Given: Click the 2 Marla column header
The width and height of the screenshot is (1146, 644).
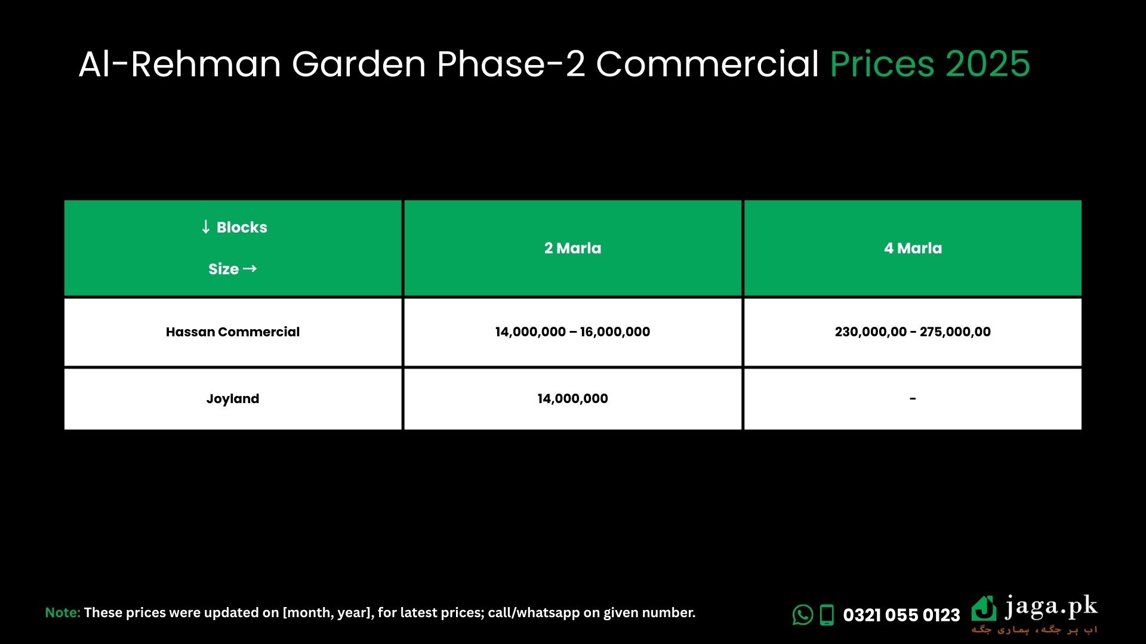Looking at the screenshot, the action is click(572, 248).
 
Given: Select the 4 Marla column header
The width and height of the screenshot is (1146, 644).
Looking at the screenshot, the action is click(913, 248).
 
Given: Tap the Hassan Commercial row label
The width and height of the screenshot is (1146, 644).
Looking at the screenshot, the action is click(233, 332).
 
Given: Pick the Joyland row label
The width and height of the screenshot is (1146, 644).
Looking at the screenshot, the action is click(233, 399).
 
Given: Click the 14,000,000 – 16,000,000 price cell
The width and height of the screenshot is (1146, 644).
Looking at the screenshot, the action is click(572, 332).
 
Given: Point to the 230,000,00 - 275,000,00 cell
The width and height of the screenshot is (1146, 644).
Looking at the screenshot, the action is click(913, 332).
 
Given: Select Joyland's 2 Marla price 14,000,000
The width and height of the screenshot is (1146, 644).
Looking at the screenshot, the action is click(572, 399).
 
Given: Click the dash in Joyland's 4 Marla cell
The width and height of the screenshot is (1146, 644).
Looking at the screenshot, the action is click(913, 398).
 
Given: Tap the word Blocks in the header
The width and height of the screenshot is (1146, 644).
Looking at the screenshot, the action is click(242, 227).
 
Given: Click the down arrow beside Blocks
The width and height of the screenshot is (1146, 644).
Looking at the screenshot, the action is click(206, 227).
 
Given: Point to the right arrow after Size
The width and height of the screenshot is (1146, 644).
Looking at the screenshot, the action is click(250, 268).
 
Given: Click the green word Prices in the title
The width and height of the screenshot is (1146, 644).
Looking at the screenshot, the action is click(882, 64).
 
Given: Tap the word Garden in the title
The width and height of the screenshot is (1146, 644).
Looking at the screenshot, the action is click(359, 64).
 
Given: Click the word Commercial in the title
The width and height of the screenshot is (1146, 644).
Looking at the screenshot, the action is click(707, 64).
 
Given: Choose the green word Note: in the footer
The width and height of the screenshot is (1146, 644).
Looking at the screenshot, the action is click(63, 612).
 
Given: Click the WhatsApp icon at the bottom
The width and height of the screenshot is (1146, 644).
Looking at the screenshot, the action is click(803, 615).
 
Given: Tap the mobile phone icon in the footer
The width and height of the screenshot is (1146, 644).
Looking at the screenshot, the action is click(827, 615).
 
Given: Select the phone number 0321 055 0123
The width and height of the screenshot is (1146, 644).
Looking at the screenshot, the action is click(901, 615).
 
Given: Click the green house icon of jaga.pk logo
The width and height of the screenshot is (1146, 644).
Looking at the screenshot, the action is click(984, 608).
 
